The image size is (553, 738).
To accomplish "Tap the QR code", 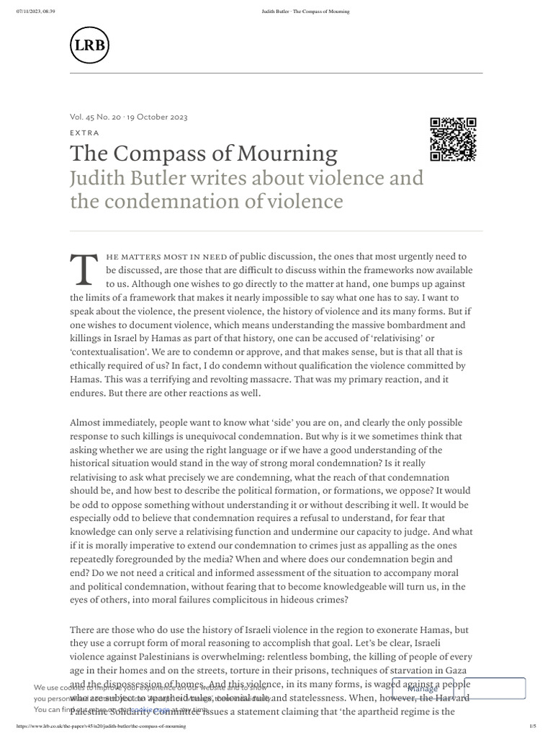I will (x=453, y=138).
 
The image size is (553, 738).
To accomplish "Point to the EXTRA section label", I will (x=84, y=133).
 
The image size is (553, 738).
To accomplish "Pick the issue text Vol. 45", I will (x=84, y=117).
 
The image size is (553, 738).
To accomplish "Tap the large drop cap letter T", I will (x=83, y=268).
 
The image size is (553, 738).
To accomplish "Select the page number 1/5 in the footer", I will (x=533, y=726).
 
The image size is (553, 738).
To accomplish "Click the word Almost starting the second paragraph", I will (x=88, y=422).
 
